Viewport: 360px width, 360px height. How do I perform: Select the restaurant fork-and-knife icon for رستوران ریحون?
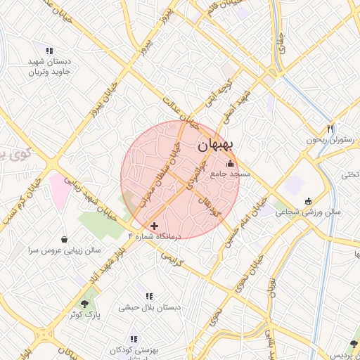[x=329, y=129]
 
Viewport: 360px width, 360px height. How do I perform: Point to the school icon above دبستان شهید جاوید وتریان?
[x=49, y=51]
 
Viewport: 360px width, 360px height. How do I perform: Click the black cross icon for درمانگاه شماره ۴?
[x=155, y=226]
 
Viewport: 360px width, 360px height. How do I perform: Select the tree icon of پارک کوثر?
[x=85, y=303]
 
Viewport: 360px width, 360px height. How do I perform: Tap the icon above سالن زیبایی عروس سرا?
[x=65, y=239]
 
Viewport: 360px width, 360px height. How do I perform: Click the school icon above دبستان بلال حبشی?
[x=148, y=297]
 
